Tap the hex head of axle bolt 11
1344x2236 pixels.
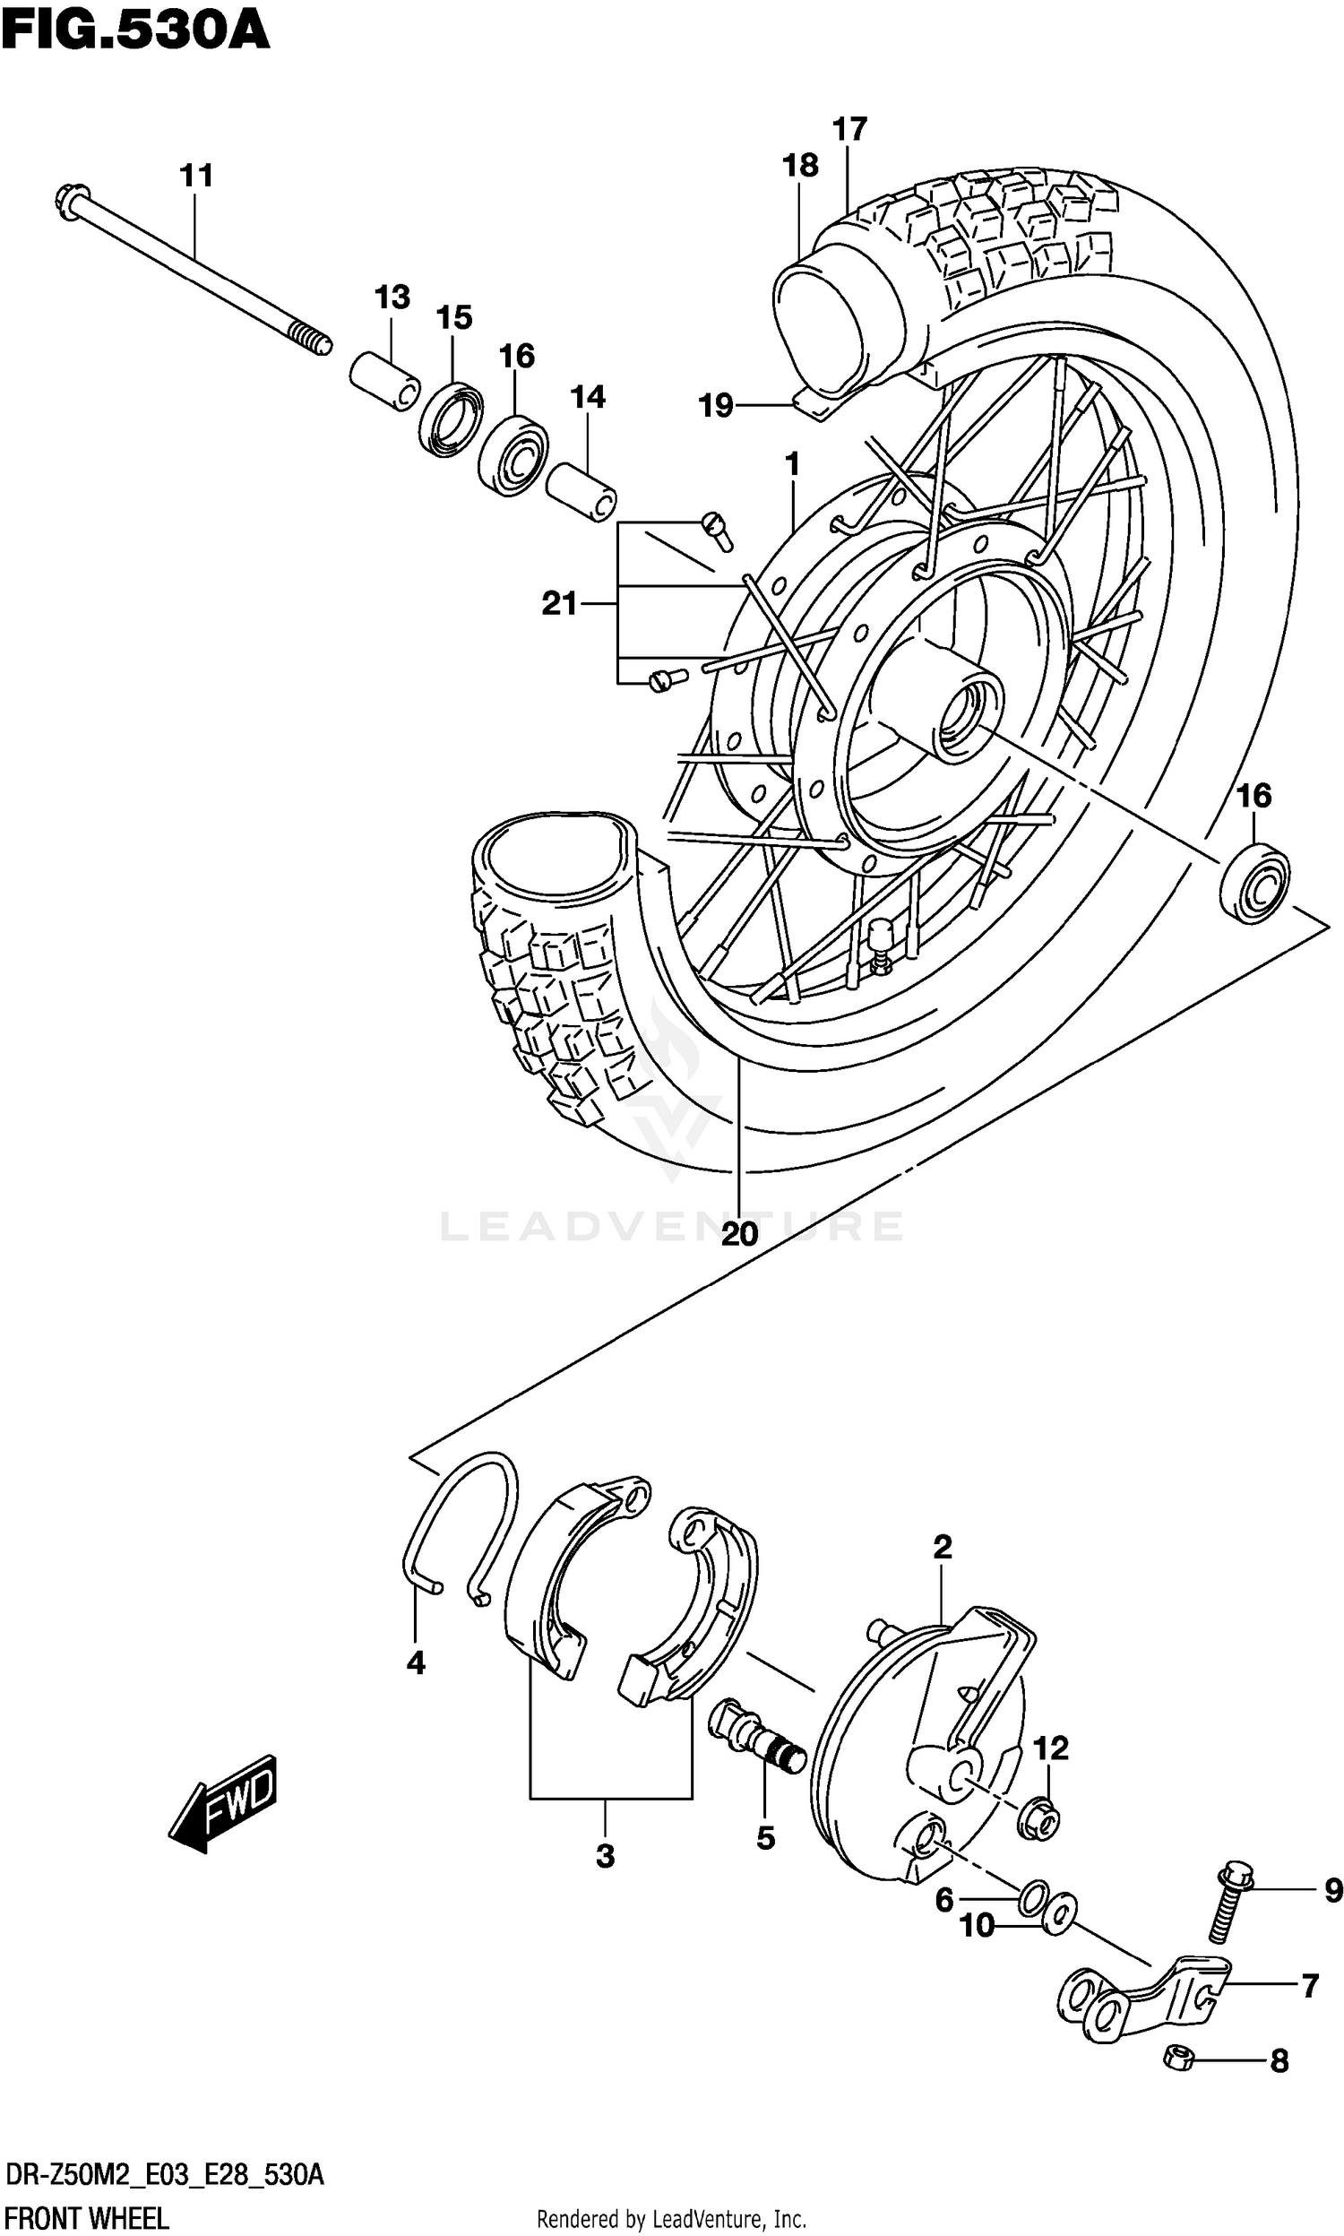[72, 201]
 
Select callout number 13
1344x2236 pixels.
[392, 297]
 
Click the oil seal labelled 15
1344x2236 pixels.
[451, 420]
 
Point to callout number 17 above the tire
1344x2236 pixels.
[849, 130]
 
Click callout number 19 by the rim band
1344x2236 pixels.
[716, 405]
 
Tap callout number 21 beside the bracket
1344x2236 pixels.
[559, 603]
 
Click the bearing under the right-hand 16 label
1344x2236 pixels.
[1254, 882]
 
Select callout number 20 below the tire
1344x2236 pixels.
[739, 1233]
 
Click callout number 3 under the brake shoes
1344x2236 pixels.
[605, 1856]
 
